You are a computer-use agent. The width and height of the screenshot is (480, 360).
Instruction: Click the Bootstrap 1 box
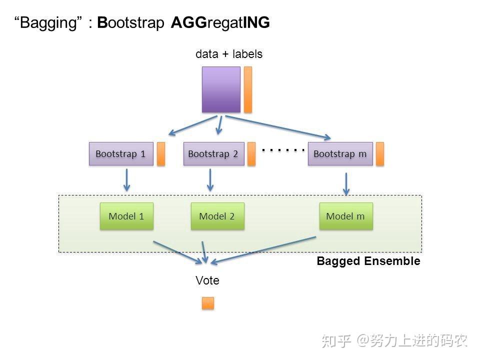pos(120,154)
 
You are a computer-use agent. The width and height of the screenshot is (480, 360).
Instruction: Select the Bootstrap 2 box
pos(213,154)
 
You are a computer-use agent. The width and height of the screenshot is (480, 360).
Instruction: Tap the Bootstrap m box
pos(340,154)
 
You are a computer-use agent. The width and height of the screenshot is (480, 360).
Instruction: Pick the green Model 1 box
pos(126,216)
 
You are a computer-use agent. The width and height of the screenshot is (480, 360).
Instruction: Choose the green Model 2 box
pos(217,216)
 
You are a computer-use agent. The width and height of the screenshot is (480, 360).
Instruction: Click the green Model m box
pos(345,216)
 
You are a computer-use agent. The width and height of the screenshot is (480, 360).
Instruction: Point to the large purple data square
pos(221,89)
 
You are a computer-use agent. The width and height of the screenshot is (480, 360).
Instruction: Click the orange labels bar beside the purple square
pos(248,89)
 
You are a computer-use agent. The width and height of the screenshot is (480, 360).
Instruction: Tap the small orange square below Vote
pos(207,303)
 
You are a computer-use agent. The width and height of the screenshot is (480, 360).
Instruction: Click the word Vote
pos(207,280)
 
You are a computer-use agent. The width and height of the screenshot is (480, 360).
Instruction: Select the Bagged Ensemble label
pos(368,261)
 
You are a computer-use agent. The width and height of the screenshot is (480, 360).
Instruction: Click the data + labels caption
pos(229,54)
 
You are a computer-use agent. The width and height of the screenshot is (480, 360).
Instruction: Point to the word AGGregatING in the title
pos(220,22)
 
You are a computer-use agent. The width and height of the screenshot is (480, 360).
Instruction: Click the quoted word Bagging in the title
pos(49,22)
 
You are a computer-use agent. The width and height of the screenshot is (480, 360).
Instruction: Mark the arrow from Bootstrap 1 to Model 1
pos(127,179)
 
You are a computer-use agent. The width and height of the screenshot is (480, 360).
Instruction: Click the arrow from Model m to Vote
pos(265,249)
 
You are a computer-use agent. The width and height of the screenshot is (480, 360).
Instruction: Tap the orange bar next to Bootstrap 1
pos(161,154)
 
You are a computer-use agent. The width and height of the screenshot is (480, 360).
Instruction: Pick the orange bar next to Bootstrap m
pos(380,154)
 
